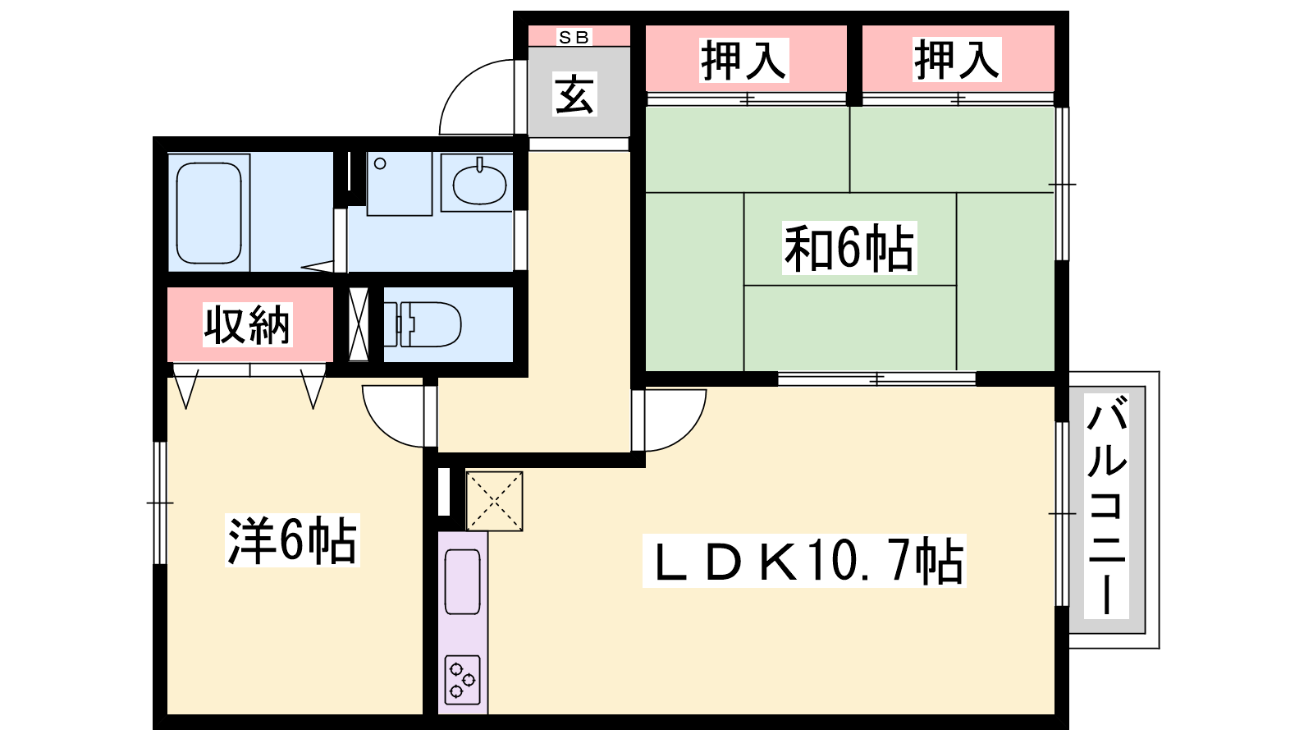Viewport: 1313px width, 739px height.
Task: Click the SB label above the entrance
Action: (x=574, y=37)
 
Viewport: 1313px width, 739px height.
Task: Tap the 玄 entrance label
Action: (x=574, y=94)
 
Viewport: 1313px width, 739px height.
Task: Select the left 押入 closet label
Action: (x=743, y=60)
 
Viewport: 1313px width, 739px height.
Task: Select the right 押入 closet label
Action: (x=957, y=60)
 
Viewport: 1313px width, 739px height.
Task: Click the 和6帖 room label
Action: (x=849, y=247)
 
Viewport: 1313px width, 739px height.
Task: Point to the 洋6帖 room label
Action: (x=292, y=540)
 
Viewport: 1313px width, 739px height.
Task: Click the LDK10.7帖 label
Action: (x=804, y=561)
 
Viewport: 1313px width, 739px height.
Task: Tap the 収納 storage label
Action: (x=247, y=324)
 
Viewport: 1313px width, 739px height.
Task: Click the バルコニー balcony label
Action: (x=1107, y=506)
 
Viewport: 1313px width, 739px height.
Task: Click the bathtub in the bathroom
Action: (x=208, y=213)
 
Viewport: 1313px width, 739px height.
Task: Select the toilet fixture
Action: (x=422, y=324)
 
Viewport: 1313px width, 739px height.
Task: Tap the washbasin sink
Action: (x=479, y=183)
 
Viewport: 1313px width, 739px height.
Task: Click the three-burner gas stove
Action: (x=463, y=680)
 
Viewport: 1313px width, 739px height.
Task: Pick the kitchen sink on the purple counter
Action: (x=463, y=581)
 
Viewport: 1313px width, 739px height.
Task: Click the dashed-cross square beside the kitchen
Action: (x=494, y=502)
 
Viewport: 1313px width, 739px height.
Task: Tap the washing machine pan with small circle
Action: (x=399, y=184)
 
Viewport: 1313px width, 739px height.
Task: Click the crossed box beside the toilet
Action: (x=358, y=324)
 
